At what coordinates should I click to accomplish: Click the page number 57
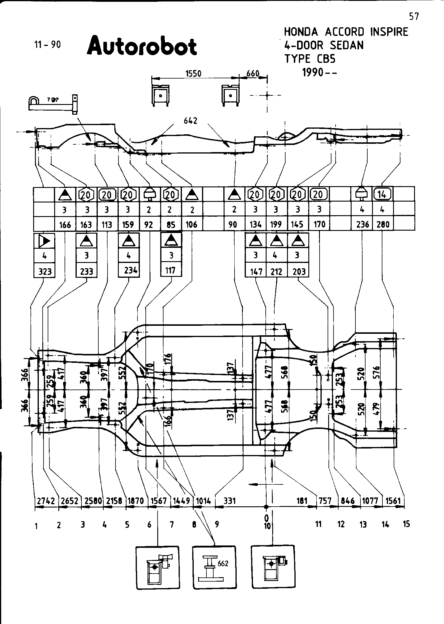[414, 17]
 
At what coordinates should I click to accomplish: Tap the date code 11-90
[47, 45]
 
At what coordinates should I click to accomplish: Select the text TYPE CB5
[310, 59]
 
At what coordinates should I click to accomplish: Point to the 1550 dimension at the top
[193, 74]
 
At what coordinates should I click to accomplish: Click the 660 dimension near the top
[253, 74]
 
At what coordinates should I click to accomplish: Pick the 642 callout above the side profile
[190, 121]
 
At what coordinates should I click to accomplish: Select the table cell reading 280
[383, 224]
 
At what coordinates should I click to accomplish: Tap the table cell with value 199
[276, 224]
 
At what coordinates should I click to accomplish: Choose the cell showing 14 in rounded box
[382, 194]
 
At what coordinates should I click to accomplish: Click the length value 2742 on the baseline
[46, 501]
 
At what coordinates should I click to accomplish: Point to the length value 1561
[393, 501]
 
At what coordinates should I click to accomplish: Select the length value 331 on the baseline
[230, 501]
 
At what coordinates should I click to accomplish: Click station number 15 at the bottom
[406, 524]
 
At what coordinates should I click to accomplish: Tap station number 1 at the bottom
[36, 526]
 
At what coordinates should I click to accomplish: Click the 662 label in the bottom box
[223, 563]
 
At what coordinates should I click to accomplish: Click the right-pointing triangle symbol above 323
[44, 241]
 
